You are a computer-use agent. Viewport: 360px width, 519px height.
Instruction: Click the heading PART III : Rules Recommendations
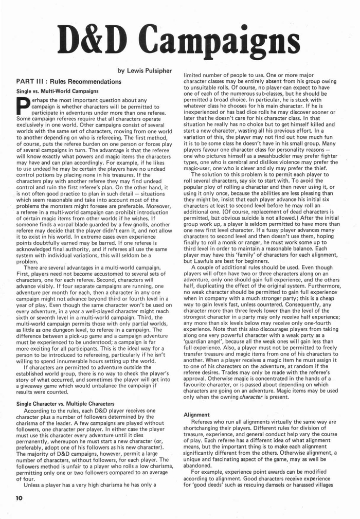tap(69, 81)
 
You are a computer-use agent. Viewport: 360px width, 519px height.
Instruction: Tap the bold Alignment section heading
tap(196, 414)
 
